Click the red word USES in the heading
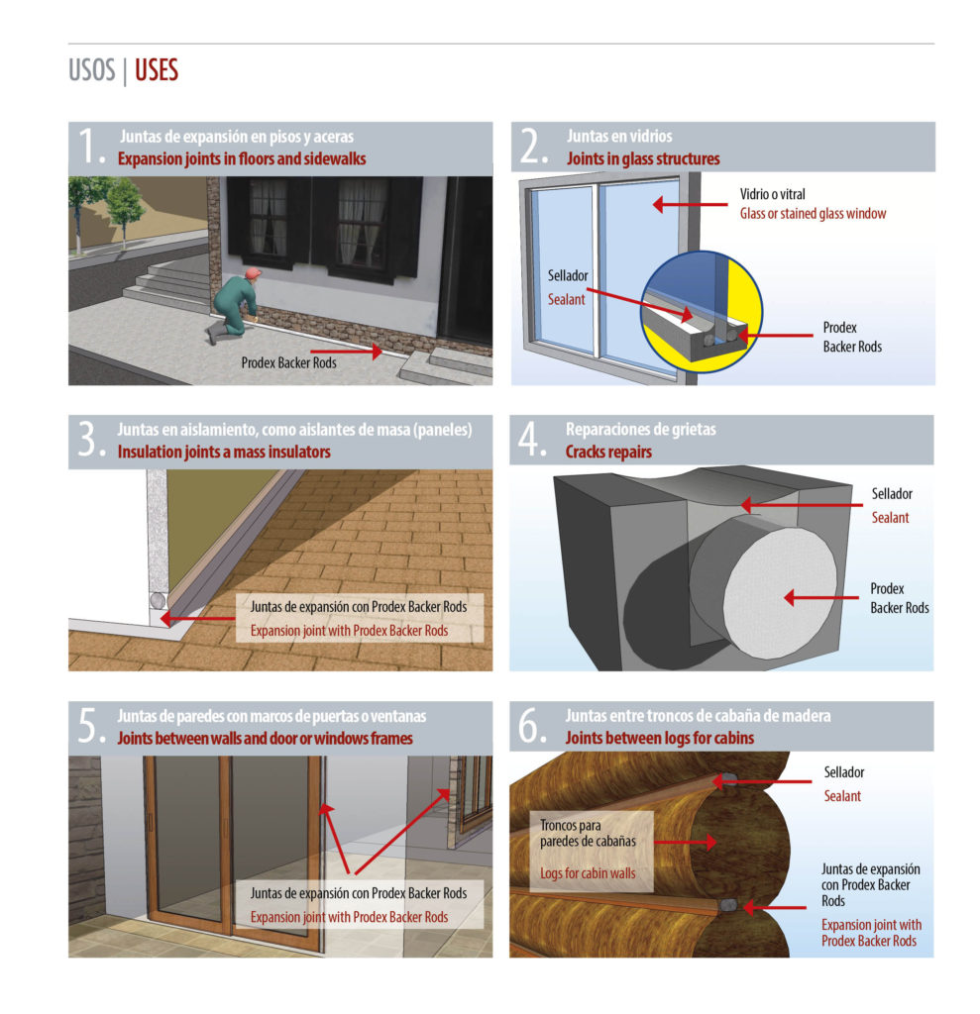(x=156, y=72)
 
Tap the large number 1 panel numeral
(x=91, y=147)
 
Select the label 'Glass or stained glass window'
(x=813, y=213)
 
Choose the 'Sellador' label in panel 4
(x=892, y=493)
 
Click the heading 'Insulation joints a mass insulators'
(x=224, y=452)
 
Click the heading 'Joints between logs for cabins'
(x=659, y=738)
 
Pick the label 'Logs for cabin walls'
(x=588, y=873)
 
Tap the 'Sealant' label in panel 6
(x=842, y=796)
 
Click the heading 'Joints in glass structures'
(x=643, y=158)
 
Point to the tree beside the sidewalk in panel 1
(x=124, y=203)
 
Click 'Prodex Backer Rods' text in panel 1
(x=288, y=362)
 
